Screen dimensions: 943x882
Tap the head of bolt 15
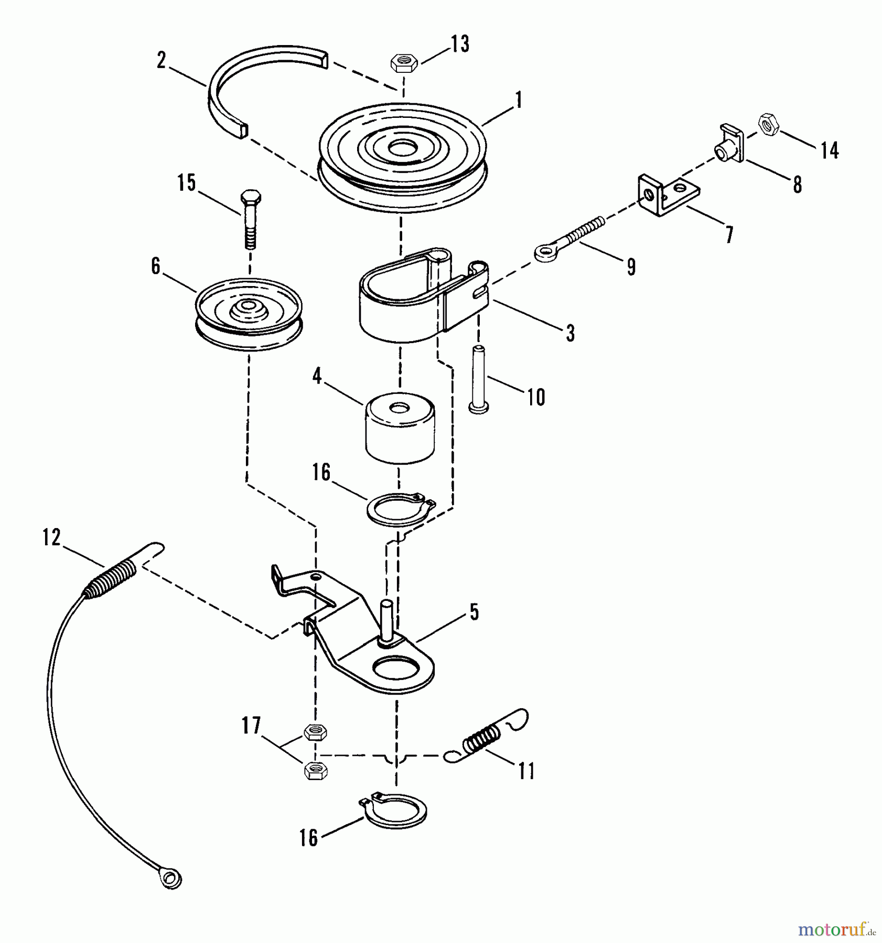point(250,199)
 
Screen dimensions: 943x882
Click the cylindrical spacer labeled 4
point(400,428)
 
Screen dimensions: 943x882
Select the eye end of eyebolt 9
point(544,254)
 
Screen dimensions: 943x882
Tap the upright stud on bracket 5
point(386,618)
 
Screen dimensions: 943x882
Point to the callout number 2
point(161,61)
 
